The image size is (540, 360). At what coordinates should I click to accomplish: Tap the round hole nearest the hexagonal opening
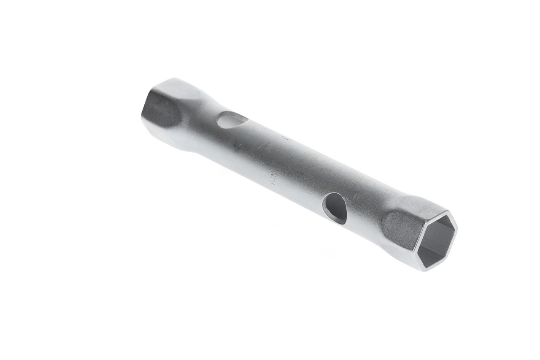click(x=335, y=208)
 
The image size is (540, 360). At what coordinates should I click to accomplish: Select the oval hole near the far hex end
click(x=232, y=119)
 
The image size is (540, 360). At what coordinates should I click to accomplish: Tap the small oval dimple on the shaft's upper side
click(x=288, y=138)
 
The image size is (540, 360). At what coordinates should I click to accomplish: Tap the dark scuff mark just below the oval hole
click(x=238, y=147)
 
